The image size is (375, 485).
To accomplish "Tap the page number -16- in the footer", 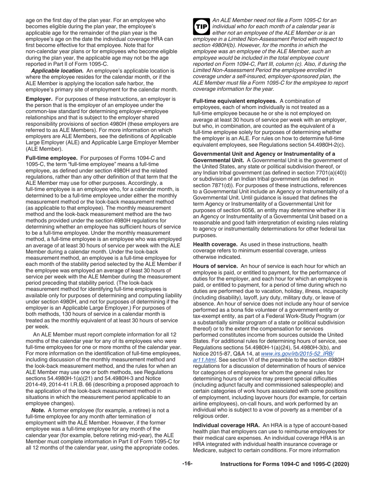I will pyautogui.click(x=187, y=464).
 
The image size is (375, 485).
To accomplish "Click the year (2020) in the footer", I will pyautogui.click(x=341, y=464).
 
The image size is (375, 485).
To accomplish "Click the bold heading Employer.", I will pyautogui.click(x=39, y=99).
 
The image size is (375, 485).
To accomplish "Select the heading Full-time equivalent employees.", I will pyautogui.click(x=234, y=101).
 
